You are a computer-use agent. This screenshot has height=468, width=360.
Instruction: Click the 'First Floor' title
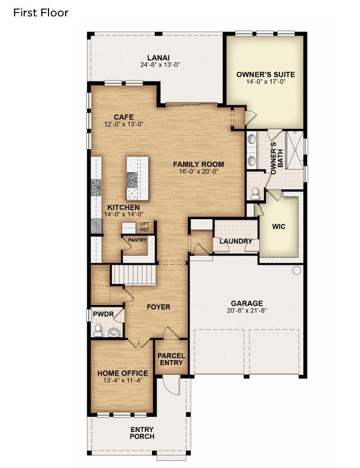[41, 13]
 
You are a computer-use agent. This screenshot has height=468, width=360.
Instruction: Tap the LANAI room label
[158, 58]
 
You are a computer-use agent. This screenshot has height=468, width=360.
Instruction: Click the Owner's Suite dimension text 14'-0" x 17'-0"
[266, 81]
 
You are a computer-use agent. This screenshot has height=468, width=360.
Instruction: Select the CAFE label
[124, 117]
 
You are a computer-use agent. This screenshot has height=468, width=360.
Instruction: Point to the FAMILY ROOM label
[199, 164]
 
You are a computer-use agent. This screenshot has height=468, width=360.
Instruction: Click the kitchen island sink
[132, 180]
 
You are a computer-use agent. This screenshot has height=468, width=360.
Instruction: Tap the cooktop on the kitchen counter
[96, 187]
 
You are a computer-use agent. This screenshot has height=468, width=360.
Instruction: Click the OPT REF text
[144, 227]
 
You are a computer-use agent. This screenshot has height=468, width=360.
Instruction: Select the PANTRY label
[137, 240]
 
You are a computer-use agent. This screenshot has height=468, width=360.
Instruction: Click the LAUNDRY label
[236, 241]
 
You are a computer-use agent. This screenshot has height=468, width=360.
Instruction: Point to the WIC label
[278, 227]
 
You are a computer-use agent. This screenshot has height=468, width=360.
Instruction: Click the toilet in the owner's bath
[255, 193]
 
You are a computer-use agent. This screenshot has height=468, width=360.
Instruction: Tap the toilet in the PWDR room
[98, 330]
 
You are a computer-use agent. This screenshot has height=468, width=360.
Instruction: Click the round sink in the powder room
[113, 332]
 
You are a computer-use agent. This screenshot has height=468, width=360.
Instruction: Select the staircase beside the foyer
[133, 275]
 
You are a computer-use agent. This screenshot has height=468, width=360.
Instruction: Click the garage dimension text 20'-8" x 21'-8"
[247, 311]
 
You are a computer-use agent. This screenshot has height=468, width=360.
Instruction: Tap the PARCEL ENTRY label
[172, 360]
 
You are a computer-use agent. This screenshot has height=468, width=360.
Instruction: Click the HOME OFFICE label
[123, 373]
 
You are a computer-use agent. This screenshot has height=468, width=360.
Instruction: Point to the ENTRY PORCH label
[142, 433]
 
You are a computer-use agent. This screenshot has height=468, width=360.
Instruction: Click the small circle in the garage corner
[296, 270]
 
